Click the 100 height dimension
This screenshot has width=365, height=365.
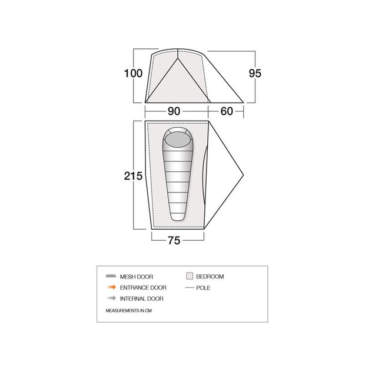133,74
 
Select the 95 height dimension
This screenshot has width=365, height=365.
255,74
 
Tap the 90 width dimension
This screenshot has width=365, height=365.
174,111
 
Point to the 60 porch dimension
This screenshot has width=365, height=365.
227,111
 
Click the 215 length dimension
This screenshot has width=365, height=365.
133,176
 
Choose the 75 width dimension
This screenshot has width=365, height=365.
174,240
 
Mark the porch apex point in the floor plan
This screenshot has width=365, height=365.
243,175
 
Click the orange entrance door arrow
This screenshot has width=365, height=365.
111,287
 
